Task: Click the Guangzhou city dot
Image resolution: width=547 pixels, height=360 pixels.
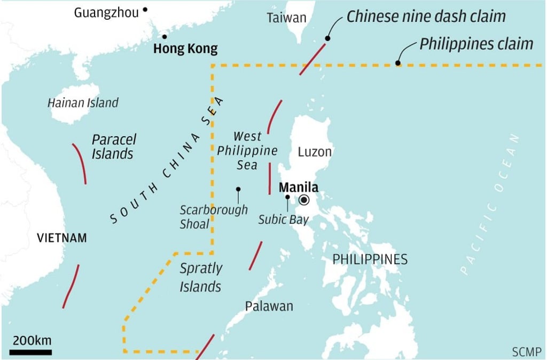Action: [x=145, y=10]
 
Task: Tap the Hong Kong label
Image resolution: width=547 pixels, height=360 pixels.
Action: [x=185, y=49]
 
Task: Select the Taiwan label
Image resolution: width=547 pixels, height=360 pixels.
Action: [x=287, y=18]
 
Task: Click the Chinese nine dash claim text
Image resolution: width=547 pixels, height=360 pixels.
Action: [x=426, y=16]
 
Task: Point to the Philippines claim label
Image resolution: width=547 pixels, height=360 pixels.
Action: [x=476, y=44]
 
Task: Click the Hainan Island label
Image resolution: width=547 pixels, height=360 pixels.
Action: [x=83, y=103]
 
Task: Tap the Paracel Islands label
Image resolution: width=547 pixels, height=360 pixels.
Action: [x=113, y=147]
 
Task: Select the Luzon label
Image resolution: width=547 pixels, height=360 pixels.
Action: [x=315, y=152]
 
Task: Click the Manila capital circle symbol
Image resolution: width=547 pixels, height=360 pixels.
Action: [x=304, y=200]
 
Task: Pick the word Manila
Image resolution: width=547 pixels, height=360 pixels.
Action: [x=298, y=187]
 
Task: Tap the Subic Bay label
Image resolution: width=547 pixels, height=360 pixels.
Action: [x=284, y=219]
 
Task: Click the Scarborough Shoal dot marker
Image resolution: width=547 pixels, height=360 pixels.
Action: [x=238, y=189]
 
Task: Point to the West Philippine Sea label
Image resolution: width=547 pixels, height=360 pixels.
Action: [x=247, y=150]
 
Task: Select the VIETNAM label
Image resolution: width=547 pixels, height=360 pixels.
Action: [x=61, y=238]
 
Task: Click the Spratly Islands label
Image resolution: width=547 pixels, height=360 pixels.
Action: [x=200, y=277]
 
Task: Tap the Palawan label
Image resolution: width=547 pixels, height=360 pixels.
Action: [x=269, y=306]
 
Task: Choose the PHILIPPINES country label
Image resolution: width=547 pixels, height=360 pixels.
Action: [x=370, y=260]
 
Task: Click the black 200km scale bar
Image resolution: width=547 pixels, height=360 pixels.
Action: [x=30, y=352]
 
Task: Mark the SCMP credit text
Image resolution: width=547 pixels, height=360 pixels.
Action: [x=526, y=351]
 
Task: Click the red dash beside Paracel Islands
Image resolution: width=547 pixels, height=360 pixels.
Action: [x=80, y=162]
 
